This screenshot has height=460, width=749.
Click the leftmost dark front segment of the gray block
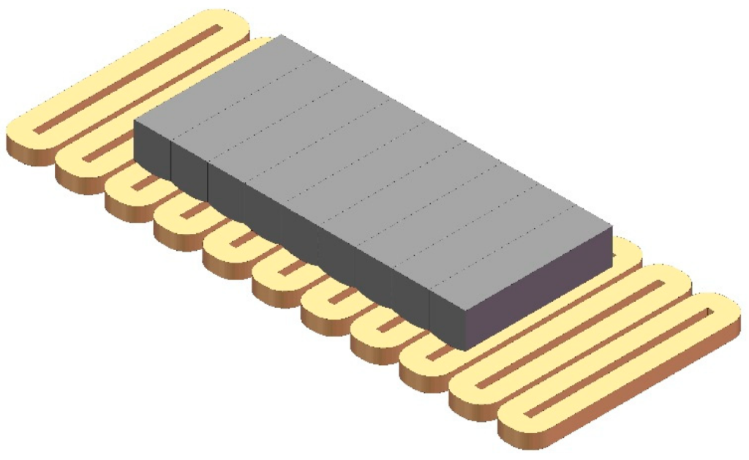[152, 151]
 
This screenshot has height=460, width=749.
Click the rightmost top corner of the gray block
[611, 228]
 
